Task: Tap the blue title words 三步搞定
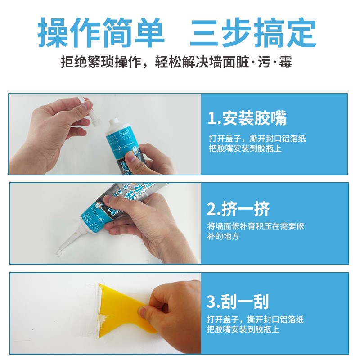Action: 253,33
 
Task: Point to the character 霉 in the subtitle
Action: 285,62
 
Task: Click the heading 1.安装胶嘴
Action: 247,118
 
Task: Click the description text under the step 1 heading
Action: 257,144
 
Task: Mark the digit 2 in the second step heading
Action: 212,209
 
